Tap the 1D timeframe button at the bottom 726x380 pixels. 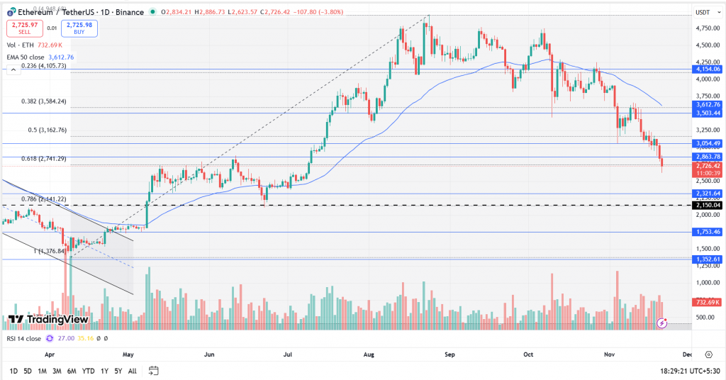13,371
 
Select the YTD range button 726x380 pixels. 89,371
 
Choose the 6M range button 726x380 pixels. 72,371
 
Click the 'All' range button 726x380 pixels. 132,371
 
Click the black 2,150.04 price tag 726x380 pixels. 708,205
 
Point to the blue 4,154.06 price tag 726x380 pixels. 708,69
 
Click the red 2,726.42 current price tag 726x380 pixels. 708,166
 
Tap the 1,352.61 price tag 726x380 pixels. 708,259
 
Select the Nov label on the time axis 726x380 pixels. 608,352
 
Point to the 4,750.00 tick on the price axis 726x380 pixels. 707,28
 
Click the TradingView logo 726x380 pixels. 48,320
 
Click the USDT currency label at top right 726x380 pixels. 703,12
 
